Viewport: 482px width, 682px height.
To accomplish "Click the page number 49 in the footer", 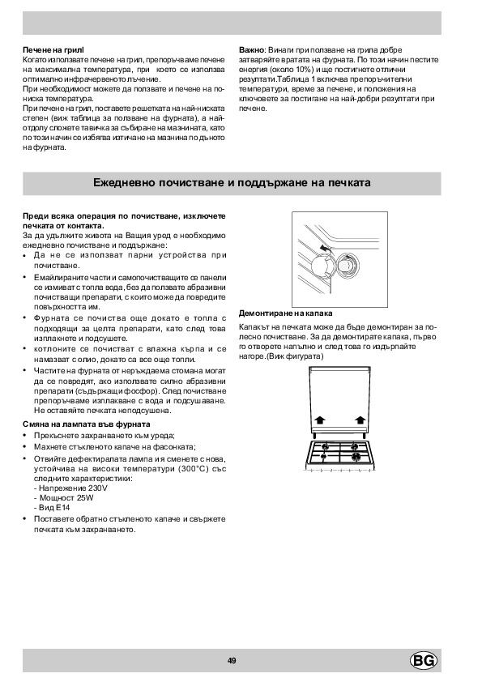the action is [232, 661].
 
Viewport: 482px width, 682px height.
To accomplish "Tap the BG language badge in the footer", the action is [424, 661].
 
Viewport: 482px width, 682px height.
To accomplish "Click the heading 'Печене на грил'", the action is [53, 50].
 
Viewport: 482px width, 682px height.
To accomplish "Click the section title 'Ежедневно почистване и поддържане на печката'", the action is [232, 183].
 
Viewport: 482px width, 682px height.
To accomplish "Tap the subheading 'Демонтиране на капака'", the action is [286, 313].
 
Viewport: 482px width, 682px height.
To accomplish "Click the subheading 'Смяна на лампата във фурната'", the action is [87, 424].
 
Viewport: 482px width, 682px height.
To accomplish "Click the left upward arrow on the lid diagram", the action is [320, 420].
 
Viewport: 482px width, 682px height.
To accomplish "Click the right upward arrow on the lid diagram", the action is [360, 420].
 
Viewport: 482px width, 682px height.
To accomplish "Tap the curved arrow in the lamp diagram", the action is [324, 248].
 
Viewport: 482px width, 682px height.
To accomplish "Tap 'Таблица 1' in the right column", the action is [292, 79].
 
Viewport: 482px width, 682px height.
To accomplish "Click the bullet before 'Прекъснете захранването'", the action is [24, 436].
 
